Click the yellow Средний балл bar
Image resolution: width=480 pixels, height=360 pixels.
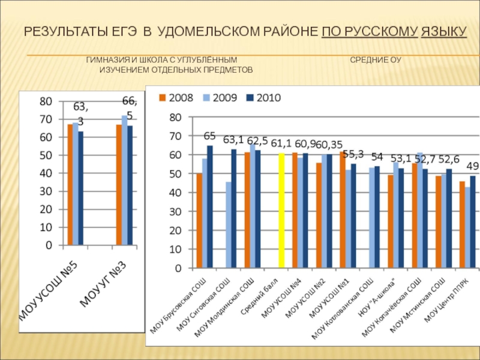[281, 211]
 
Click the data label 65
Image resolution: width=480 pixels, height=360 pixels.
[209, 136]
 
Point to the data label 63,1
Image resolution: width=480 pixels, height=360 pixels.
[233, 140]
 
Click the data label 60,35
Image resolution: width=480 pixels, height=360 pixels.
[328, 145]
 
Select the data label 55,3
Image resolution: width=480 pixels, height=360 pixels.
[353, 154]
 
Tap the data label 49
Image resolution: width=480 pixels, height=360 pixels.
[472, 166]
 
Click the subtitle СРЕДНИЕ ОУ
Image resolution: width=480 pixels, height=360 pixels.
[376, 61]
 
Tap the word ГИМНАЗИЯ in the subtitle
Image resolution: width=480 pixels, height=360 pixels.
[106, 61]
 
